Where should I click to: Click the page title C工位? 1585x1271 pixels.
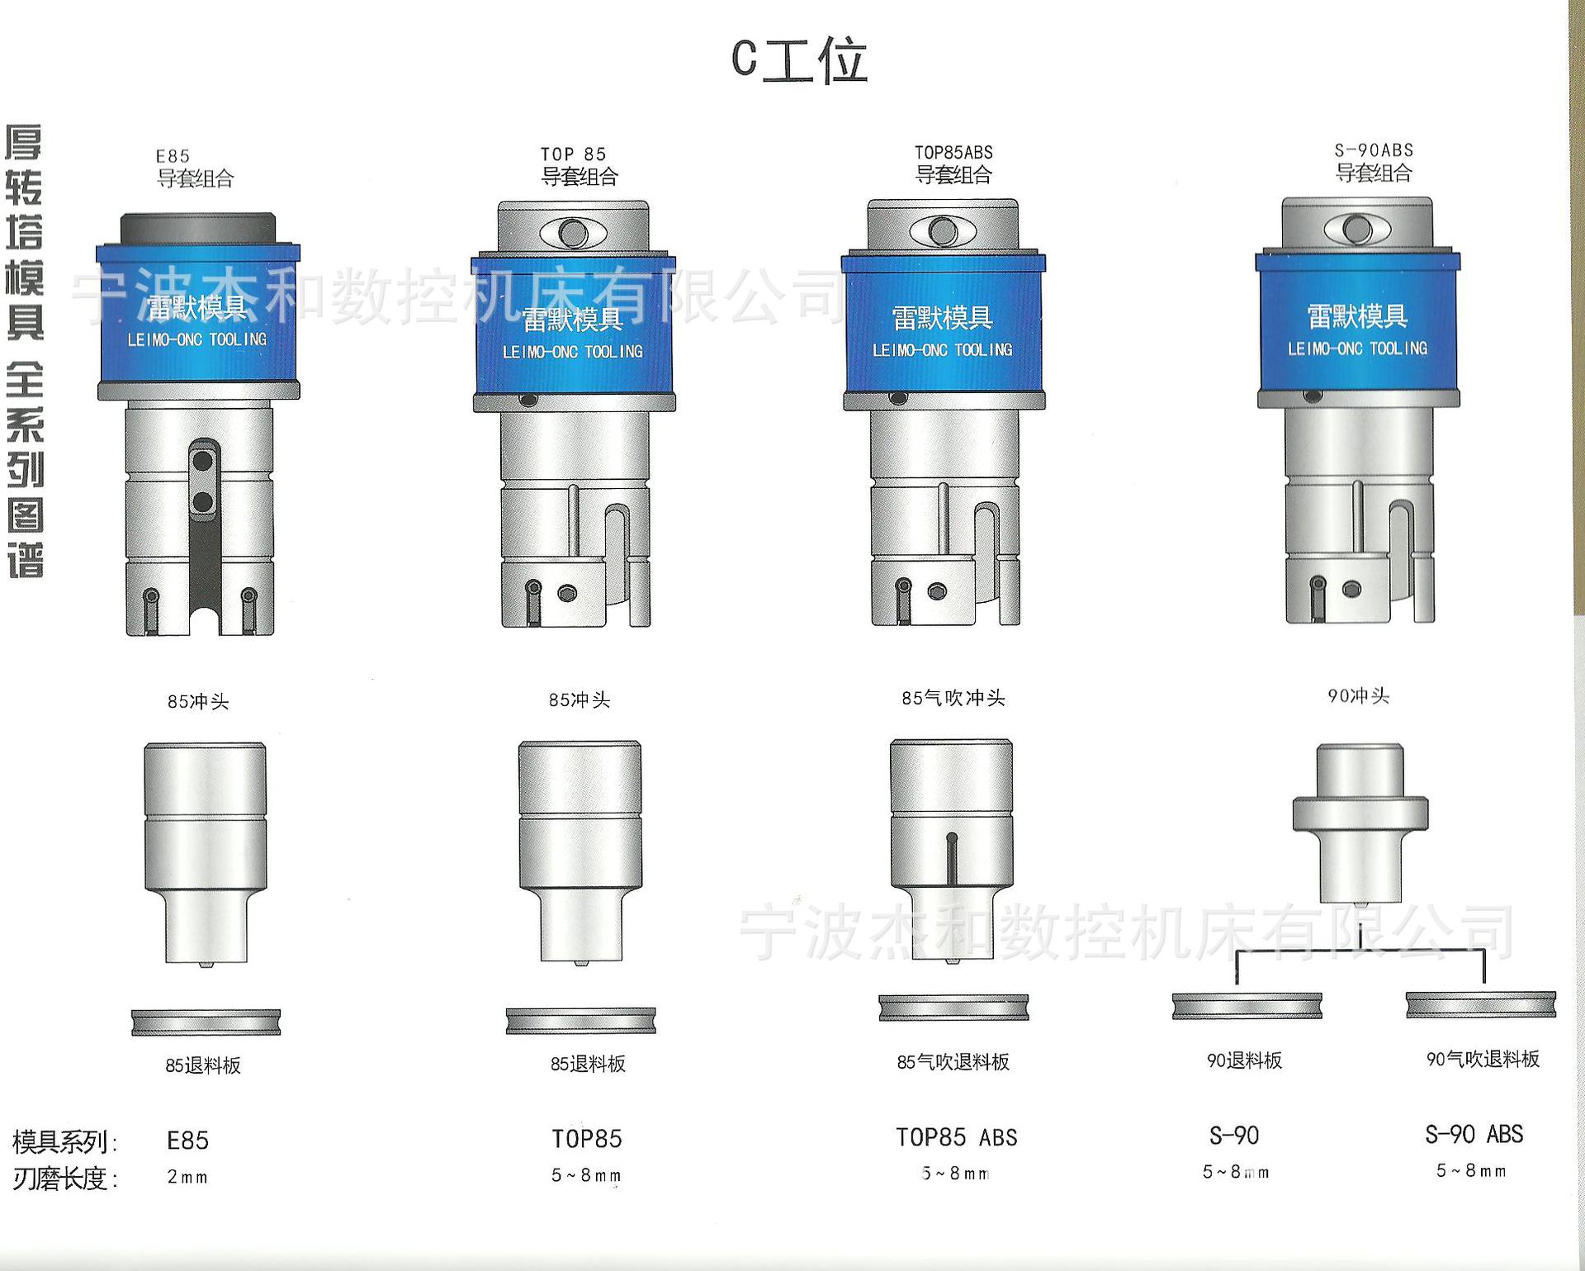coord(799,59)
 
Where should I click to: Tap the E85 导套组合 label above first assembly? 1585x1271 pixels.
coord(195,168)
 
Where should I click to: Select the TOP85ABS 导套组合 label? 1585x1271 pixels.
coord(953,164)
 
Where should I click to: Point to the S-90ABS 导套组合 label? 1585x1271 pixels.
coord(1374,162)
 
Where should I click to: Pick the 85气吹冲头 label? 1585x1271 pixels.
coord(953,698)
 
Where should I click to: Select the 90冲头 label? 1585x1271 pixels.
coord(1358,696)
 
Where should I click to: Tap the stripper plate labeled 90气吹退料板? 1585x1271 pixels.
coord(1481,1005)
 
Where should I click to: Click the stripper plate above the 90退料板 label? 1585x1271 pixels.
coord(1247,1006)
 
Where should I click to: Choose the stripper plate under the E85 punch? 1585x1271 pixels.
coord(206,1022)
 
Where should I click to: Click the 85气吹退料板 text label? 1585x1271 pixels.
coord(953,1062)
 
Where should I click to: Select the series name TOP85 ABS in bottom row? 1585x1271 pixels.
coord(956,1138)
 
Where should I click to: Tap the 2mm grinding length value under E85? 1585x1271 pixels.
coord(187,1177)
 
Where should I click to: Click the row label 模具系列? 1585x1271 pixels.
coord(65,1142)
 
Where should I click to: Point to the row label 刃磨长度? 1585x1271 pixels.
coord(65,1179)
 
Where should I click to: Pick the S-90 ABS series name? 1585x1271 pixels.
coord(1474,1135)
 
